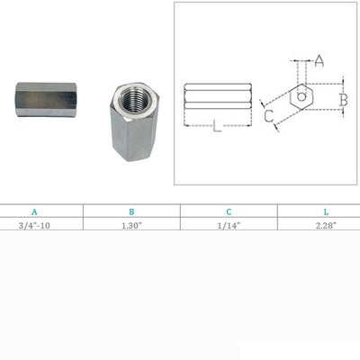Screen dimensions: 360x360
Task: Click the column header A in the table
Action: (x=34, y=212)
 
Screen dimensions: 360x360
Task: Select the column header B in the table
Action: (x=131, y=212)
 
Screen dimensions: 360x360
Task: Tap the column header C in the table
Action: (x=229, y=212)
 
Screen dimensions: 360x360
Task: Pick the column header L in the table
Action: (x=326, y=212)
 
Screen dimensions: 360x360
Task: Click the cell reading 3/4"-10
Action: (x=34, y=226)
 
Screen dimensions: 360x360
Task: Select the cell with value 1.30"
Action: (x=131, y=226)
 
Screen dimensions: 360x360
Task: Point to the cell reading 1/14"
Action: (x=229, y=226)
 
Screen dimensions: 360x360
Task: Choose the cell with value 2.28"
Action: (x=326, y=226)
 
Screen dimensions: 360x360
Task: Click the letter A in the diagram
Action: (x=319, y=61)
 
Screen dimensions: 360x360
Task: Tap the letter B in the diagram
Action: (x=344, y=100)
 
